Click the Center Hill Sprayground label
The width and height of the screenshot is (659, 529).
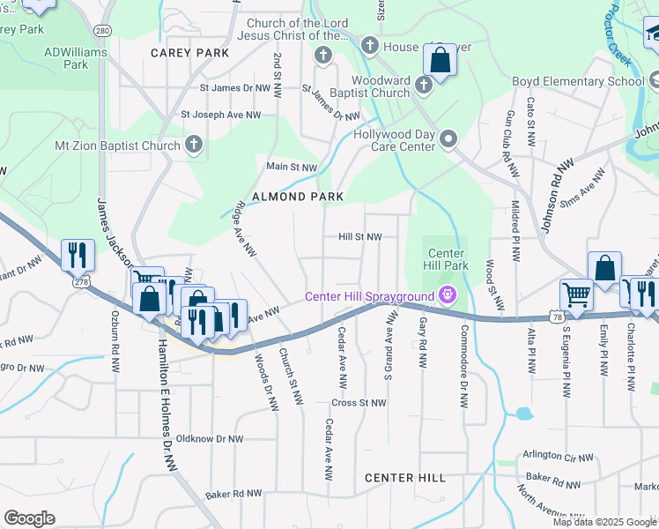[370, 295]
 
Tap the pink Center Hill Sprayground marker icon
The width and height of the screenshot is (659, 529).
[448, 294]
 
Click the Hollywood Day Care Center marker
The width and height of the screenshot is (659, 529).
[448, 139]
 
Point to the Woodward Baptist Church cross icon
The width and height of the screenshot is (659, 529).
[424, 85]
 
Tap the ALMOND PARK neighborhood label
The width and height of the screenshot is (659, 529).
[297, 197]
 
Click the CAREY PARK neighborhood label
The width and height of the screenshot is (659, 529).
[189, 53]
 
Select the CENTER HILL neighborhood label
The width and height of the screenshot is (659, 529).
[405, 477]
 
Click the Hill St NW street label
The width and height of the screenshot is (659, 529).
[360, 237]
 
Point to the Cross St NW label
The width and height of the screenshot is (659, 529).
[359, 403]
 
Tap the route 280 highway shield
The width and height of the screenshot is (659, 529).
[104, 31]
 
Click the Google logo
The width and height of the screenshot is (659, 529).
[29, 518]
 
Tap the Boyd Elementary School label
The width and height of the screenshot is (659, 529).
[579, 82]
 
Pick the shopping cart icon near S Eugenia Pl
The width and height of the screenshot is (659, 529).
[576, 294]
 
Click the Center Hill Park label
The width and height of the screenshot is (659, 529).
[447, 259]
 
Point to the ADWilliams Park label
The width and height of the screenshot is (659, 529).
[76, 58]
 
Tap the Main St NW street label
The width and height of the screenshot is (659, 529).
[292, 167]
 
